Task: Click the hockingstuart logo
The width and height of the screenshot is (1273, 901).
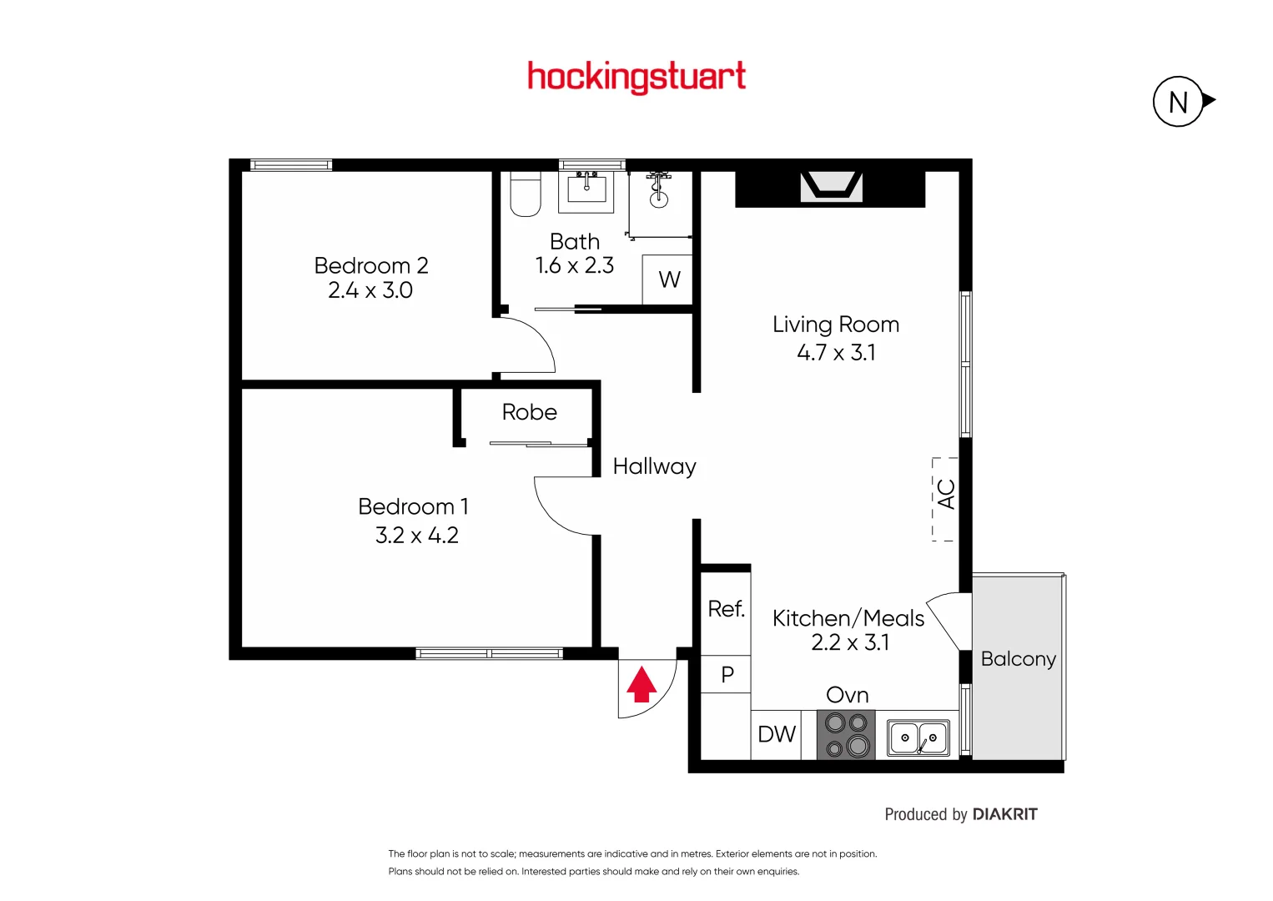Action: (636, 77)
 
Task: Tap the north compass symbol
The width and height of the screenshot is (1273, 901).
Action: (1179, 102)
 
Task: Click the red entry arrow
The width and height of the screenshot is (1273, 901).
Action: (642, 684)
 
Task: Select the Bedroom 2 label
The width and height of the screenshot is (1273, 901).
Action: (371, 265)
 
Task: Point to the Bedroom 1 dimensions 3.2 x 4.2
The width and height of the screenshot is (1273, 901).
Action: (416, 535)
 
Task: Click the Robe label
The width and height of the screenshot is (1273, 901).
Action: (529, 412)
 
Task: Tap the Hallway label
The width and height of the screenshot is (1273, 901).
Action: (654, 466)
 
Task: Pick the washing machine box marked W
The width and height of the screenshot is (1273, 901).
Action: (668, 279)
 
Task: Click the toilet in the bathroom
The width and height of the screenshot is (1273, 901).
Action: (525, 194)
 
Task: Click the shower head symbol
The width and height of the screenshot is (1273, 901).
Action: (658, 188)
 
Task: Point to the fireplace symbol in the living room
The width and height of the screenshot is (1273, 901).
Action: (831, 187)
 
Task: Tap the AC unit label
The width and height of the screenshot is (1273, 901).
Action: (945, 495)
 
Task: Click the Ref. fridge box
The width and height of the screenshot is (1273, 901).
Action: (726, 610)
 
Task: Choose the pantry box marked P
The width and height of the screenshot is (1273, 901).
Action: (727, 674)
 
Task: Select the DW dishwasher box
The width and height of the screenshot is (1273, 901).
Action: (777, 734)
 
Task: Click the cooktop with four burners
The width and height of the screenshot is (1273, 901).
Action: (846, 734)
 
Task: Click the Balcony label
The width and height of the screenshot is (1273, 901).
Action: (1018, 659)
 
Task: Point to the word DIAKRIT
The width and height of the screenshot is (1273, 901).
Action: (1004, 814)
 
